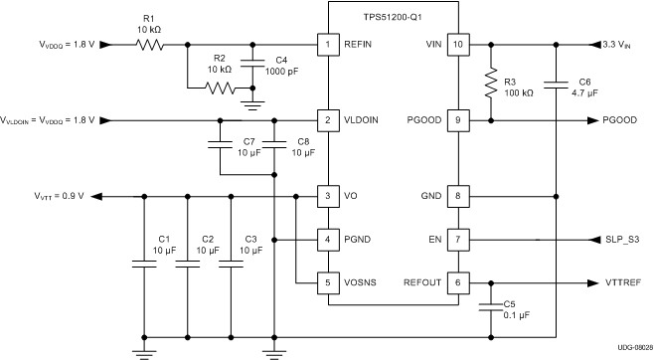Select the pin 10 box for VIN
click(459, 45)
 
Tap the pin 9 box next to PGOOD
click(459, 120)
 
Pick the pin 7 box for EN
click(459, 240)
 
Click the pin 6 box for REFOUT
click(459, 282)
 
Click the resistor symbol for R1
click(149, 45)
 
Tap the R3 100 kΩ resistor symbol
click(489, 84)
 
